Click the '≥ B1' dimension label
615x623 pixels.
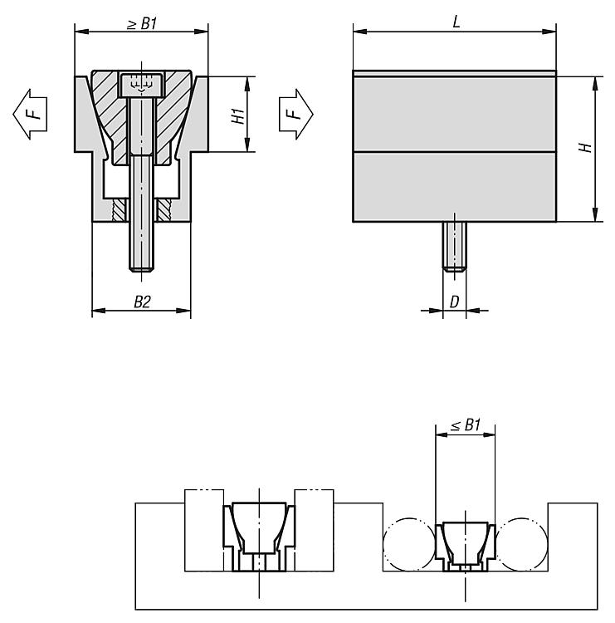141,23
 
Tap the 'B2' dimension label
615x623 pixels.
142,302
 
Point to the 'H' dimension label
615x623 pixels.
585,148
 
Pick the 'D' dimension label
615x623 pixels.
454,302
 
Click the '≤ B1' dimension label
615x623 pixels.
466,425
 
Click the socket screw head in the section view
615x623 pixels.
140,84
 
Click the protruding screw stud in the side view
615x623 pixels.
454,246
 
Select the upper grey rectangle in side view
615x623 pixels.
453,115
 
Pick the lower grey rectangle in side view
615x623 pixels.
453,187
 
